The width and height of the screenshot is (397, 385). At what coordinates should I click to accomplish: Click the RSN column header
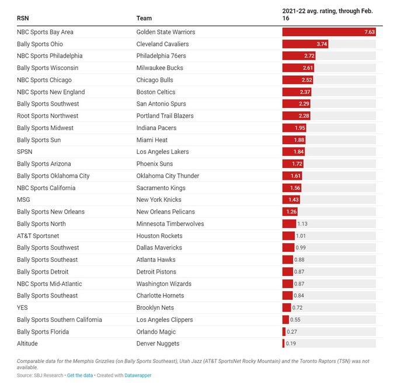click(x=23, y=18)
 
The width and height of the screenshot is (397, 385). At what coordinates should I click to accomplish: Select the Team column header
click(x=144, y=18)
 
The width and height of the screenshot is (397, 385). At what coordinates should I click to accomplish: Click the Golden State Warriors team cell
click(x=166, y=32)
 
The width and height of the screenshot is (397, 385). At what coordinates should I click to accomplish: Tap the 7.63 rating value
click(x=369, y=32)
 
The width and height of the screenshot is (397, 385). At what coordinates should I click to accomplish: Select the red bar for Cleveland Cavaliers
click(x=305, y=44)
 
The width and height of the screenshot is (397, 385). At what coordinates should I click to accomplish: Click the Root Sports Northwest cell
click(x=47, y=116)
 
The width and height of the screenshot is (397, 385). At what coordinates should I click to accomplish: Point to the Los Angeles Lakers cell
click(x=163, y=152)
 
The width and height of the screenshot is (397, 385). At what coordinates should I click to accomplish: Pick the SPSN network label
click(x=26, y=152)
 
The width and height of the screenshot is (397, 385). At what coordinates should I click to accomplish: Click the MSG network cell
click(x=23, y=199)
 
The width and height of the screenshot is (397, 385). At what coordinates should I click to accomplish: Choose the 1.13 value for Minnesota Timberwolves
click(x=302, y=223)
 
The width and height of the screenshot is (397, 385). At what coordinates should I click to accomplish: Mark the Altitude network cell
click(x=27, y=344)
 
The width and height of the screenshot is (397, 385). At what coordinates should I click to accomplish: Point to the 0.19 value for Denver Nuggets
click(x=291, y=344)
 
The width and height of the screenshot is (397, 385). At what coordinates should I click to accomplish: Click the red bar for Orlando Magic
click(x=284, y=331)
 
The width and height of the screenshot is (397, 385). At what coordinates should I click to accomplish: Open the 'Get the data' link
click(x=80, y=375)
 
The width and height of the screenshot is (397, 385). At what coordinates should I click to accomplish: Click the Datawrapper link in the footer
click(x=138, y=375)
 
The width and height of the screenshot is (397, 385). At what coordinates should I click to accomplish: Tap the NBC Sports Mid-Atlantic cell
click(x=50, y=283)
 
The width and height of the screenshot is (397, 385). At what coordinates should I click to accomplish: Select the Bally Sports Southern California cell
click(x=60, y=320)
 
